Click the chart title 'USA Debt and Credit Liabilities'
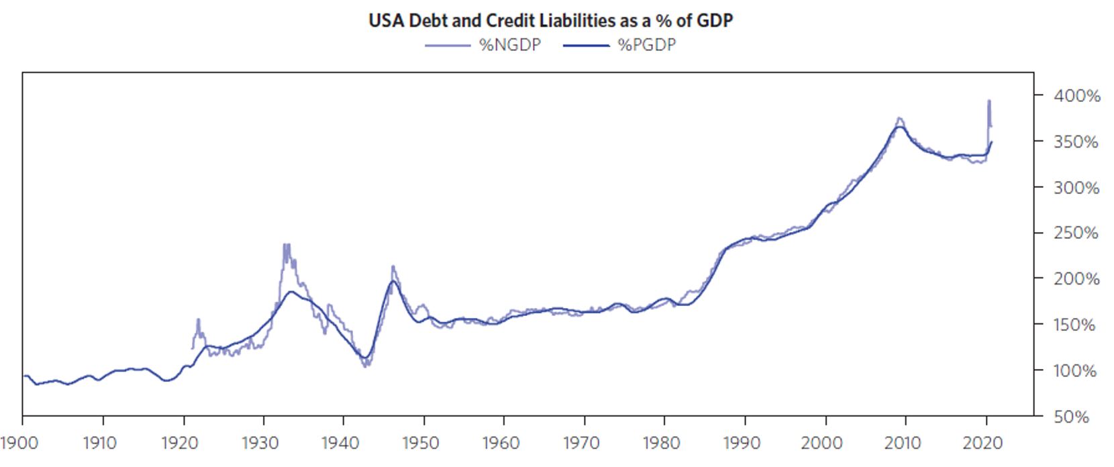pos(550,20)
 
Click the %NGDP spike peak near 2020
pos(989,101)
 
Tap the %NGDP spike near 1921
pos(198,320)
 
